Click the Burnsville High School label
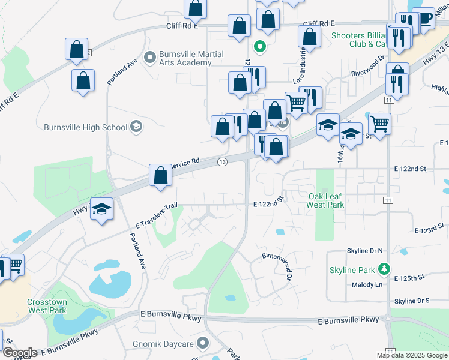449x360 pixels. (x=85, y=127)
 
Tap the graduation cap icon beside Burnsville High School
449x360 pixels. (x=137, y=127)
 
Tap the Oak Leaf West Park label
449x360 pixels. (x=325, y=200)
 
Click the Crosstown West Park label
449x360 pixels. (x=47, y=306)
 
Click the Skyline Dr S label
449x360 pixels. (x=412, y=301)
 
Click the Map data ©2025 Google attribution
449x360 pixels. (x=412, y=355)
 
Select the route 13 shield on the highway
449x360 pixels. (x=222, y=162)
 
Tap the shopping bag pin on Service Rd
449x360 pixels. (x=161, y=176)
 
